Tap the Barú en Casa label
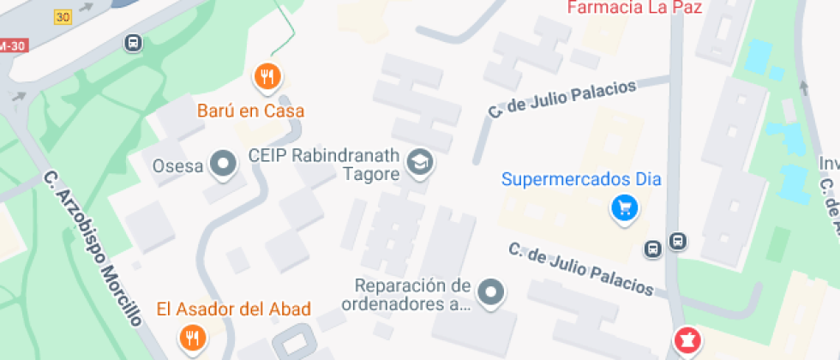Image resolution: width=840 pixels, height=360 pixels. click(x=250, y=111)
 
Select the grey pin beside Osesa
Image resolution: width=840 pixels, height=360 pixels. click(x=225, y=164)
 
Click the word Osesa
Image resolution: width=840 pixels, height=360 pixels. click(x=177, y=165)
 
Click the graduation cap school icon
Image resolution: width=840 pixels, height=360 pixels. click(x=419, y=162)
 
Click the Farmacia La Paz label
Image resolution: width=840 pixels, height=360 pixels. click(x=635, y=9)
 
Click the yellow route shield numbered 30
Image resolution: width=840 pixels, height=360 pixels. click(x=62, y=16)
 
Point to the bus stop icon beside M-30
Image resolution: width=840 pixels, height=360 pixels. click(x=133, y=42)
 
